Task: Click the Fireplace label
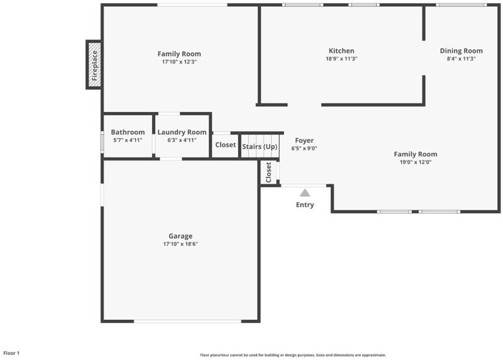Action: pyautogui.click(x=95, y=65)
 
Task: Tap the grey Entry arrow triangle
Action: pyautogui.click(x=305, y=193)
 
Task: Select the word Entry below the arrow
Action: pyautogui.click(x=305, y=205)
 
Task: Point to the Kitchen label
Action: pyautogui.click(x=341, y=51)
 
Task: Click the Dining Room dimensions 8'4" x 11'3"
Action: pyautogui.click(x=461, y=59)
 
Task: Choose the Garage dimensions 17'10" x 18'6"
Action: pyautogui.click(x=180, y=244)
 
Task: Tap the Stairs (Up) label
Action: pyautogui.click(x=260, y=147)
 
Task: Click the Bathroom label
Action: pyautogui.click(x=128, y=132)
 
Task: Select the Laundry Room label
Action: pyautogui.click(x=182, y=132)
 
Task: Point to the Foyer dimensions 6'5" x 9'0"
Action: pyautogui.click(x=304, y=149)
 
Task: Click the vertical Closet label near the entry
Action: pyautogui.click(x=268, y=172)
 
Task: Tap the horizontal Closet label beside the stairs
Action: pyautogui.click(x=225, y=145)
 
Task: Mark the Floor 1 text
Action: pyautogui.click(x=11, y=353)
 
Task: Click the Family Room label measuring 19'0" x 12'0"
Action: pyautogui.click(x=416, y=154)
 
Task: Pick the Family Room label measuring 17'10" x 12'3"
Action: pyautogui.click(x=179, y=54)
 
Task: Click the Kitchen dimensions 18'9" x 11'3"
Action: pyautogui.click(x=341, y=59)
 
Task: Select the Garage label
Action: pyautogui.click(x=180, y=237)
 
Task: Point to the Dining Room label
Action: pyautogui.click(x=461, y=51)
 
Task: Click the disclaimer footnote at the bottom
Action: pyautogui.click(x=293, y=355)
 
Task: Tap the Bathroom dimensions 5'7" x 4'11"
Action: pyautogui.click(x=128, y=140)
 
